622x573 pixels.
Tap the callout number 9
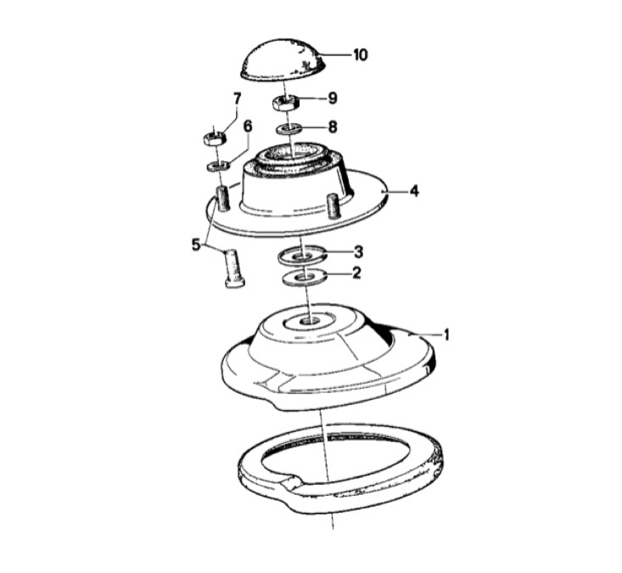pos(333,98)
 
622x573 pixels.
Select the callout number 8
pos(333,127)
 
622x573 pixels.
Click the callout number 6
pos(248,126)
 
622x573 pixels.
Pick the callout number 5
pos(196,245)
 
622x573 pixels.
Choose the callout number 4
pos(414,191)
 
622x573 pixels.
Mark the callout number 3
pos(358,252)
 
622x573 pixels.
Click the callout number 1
pos(446,334)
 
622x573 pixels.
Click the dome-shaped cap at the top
pos(288,62)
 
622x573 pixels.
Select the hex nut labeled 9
pos(285,104)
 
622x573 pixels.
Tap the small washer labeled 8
pos(289,129)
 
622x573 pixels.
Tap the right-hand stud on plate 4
pos(333,205)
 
